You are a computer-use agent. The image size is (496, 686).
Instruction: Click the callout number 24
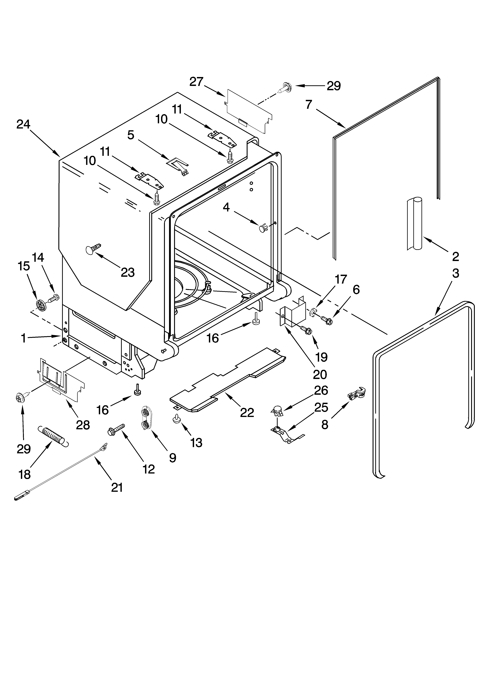23,124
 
